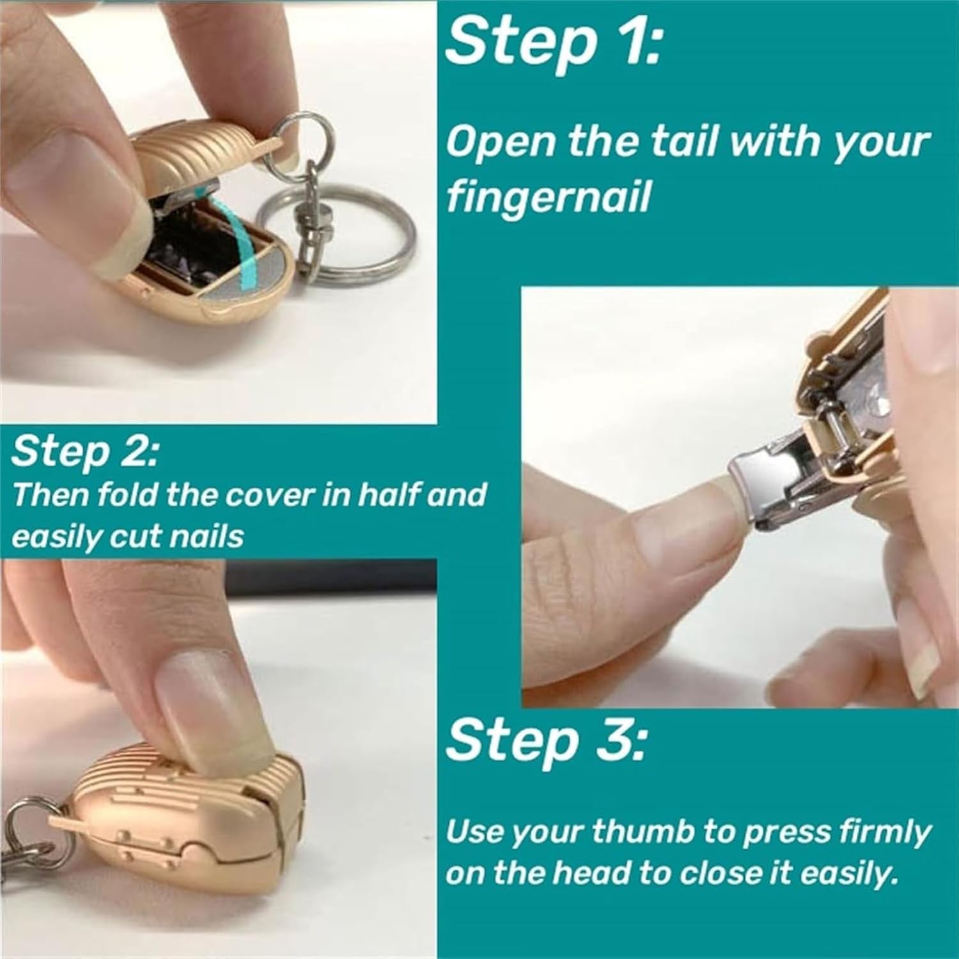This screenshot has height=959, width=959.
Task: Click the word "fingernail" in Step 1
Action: (549, 198)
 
